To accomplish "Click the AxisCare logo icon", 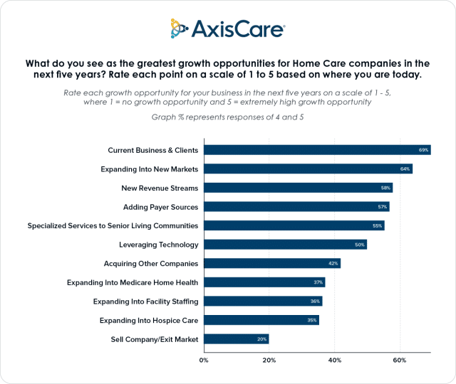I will click(181, 28).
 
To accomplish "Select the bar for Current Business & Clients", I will click(317, 150).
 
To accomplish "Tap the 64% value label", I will click(405, 169).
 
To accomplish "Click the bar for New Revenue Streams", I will click(298, 188).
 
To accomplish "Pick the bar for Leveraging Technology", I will click(285, 245).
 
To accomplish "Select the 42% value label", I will click(333, 263).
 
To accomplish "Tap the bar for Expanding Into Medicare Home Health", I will click(264, 282).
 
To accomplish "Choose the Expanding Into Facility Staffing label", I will click(145, 301).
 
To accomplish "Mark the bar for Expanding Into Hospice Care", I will click(261, 320).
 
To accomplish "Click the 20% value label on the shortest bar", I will click(261, 339).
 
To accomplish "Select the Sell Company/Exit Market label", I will click(155, 339).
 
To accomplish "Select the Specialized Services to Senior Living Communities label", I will click(113, 225).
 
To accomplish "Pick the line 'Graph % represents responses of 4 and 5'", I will click(228, 116).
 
